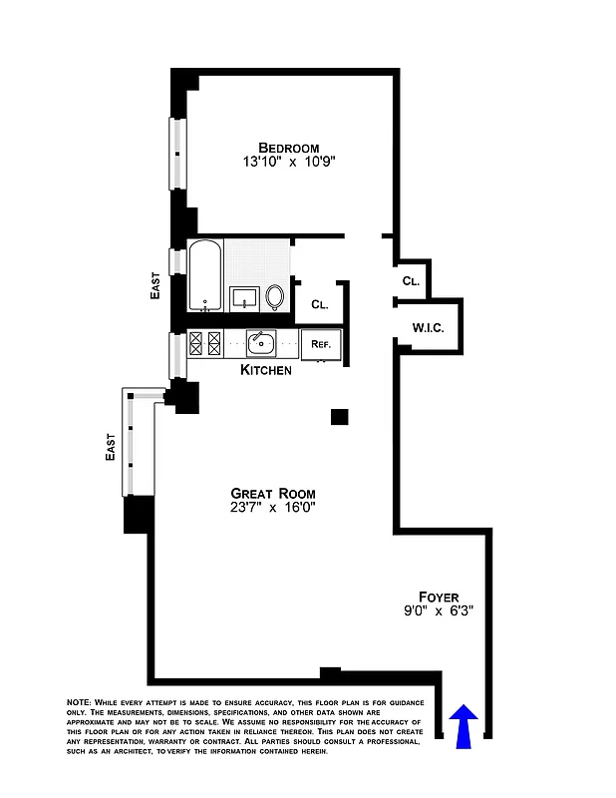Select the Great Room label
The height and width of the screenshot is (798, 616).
click(x=273, y=493)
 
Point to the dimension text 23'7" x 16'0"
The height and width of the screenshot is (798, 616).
click(x=272, y=508)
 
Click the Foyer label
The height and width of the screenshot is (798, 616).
click(x=438, y=598)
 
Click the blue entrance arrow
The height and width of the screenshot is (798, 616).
click(x=464, y=725)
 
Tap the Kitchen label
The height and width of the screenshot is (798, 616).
click(x=266, y=370)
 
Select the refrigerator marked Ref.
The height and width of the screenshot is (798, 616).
click(x=321, y=344)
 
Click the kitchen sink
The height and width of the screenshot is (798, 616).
click(x=261, y=344)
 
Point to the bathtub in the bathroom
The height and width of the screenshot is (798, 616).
click(x=205, y=275)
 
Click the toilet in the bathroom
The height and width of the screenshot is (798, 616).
click(x=276, y=296)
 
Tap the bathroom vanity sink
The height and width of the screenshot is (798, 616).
click(x=244, y=297)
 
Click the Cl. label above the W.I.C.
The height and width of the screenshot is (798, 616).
click(x=411, y=281)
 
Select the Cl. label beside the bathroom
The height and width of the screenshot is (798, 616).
click(x=320, y=304)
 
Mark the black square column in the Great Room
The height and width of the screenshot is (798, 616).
click(x=340, y=417)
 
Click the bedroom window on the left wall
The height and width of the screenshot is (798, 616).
click(x=177, y=154)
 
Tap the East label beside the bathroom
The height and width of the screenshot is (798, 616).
click(x=155, y=287)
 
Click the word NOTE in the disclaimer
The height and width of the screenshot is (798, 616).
click(x=79, y=703)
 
